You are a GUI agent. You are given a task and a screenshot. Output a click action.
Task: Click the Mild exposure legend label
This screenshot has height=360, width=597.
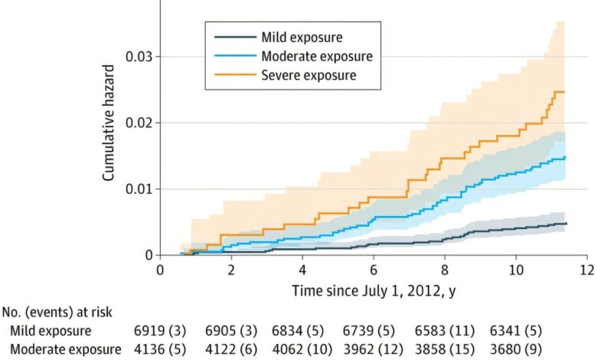point(302,37)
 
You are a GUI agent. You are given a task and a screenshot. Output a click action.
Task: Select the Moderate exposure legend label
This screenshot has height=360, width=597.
point(316,56)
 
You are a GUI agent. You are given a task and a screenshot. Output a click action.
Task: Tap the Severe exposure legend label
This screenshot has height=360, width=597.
point(308,76)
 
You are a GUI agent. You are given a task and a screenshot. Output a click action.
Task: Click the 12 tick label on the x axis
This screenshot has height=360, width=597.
point(587,270)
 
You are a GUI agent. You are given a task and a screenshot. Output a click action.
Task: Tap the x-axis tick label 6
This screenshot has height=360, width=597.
point(374,270)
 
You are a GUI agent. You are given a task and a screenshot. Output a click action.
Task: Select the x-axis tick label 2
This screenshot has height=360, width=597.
point(231,270)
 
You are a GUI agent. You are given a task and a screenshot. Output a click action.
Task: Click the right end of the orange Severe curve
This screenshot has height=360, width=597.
point(564,92)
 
